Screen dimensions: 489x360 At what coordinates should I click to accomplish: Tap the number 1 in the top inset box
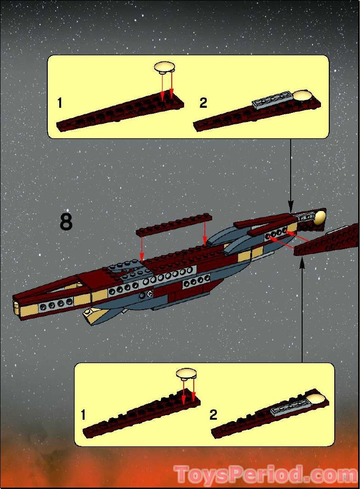(60, 103)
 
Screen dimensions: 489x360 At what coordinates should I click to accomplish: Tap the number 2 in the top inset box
(203, 103)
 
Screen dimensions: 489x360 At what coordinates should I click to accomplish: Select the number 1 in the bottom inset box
(83, 415)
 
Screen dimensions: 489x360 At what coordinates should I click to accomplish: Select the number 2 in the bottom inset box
(213, 415)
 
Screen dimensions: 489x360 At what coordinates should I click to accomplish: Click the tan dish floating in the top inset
(164, 68)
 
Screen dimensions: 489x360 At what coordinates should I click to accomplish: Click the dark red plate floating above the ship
(174, 225)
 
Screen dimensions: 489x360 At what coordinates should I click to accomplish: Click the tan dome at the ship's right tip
(320, 217)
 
